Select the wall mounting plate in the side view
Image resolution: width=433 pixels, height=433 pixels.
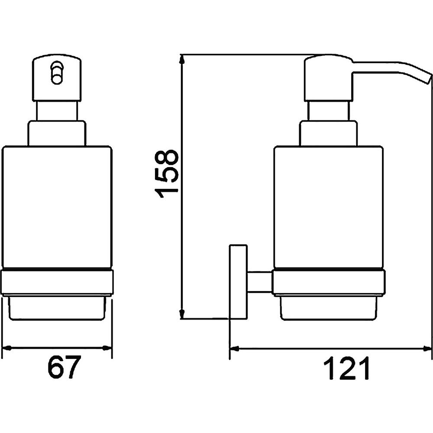pyautogui.click(x=238, y=281)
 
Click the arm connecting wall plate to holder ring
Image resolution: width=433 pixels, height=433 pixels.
pyautogui.click(x=260, y=281)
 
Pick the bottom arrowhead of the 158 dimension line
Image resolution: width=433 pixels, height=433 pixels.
pyautogui.click(x=181, y=314)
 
